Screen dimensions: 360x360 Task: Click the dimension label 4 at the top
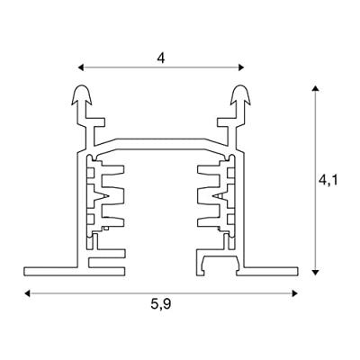tap(161, 58)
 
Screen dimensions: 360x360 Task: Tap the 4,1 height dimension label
tap(328, 180)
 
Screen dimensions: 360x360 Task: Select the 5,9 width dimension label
tap(161, 304)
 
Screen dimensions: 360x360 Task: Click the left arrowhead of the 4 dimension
tap(80, 67)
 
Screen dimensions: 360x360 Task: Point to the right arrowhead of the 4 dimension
tap(241, 67)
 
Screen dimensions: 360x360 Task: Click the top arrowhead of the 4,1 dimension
tap(315, 88)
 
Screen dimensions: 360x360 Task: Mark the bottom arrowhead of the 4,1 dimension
tap(315, 272)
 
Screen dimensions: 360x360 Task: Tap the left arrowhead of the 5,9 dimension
tap(27, 293)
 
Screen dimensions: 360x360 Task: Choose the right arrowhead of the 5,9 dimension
tap(295, 293)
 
